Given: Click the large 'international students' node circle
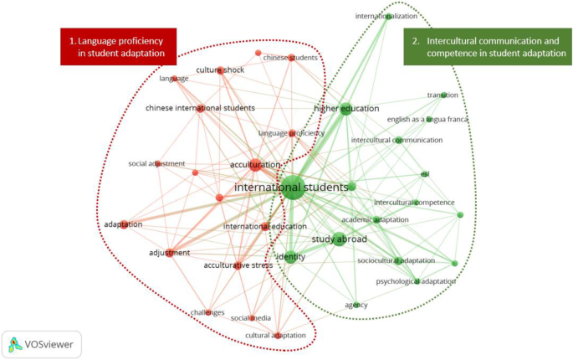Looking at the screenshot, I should (x=291, y=187).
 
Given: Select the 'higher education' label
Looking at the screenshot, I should (x=346, y=109).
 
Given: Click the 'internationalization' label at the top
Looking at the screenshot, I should (x=386, y=16).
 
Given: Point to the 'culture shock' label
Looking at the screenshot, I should (x=220, y=69).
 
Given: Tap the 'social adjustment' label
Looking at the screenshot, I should (x=156, y=163).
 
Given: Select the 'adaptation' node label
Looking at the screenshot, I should (x=123, y=224).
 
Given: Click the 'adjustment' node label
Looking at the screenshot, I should (x=170, y=253).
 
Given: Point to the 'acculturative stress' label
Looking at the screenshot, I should (x=238, y=265).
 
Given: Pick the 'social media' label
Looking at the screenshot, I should (x=249, y=318).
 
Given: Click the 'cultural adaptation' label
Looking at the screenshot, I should (x=275, y=336).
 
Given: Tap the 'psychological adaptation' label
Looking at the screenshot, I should (x=416, y=281).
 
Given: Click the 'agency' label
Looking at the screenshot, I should (x=356, y=305).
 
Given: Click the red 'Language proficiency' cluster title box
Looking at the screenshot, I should (x=117, y=47).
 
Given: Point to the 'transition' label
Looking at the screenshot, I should (x=443, y=95).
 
